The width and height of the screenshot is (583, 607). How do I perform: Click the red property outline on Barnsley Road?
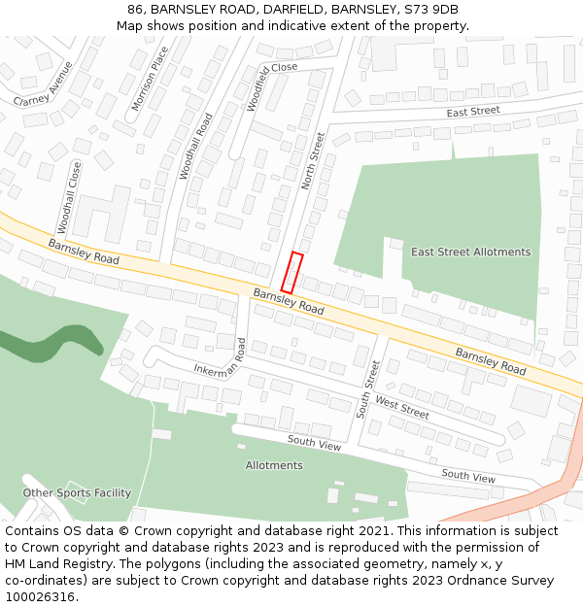point(292,272)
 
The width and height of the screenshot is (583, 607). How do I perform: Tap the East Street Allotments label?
point(470,253)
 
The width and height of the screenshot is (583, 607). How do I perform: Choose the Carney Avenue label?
point(44,84)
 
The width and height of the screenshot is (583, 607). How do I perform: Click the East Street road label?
point(473,112)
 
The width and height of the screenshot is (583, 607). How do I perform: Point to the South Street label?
point(366,389)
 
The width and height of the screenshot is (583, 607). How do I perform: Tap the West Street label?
point(401,409)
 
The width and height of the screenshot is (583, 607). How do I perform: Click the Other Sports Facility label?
point(77,493)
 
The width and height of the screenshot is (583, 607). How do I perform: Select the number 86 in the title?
point(135,10)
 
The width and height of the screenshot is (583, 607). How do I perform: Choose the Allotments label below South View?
point(274,466)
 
